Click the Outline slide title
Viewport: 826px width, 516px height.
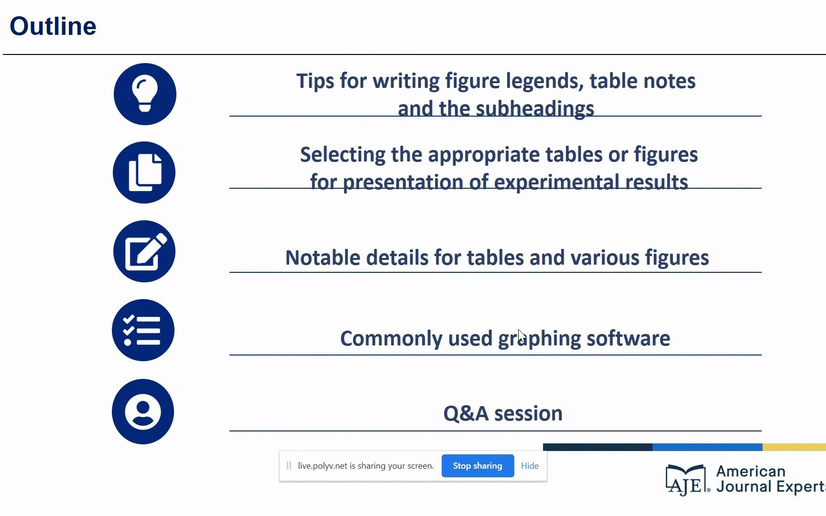pos(53,26)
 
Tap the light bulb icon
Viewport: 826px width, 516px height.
pos(145,94)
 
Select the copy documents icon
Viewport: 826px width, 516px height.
pos(144,172)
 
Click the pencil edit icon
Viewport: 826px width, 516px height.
pos(144,251)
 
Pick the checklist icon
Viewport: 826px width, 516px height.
pos(143,330)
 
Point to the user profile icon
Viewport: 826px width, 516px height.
pos(143,411)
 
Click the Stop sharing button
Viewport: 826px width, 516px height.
pos(478,466)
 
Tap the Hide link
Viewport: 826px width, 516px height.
pos(530,466)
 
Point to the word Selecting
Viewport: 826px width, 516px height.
pos(343,155)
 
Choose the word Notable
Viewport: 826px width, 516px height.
pos(323,258)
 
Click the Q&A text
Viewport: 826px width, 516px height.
pos(466,413)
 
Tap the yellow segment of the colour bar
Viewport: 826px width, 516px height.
pos(794,447)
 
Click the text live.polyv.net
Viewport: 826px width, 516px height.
pos(323,466)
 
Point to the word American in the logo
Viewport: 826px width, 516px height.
pos(750,471)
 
